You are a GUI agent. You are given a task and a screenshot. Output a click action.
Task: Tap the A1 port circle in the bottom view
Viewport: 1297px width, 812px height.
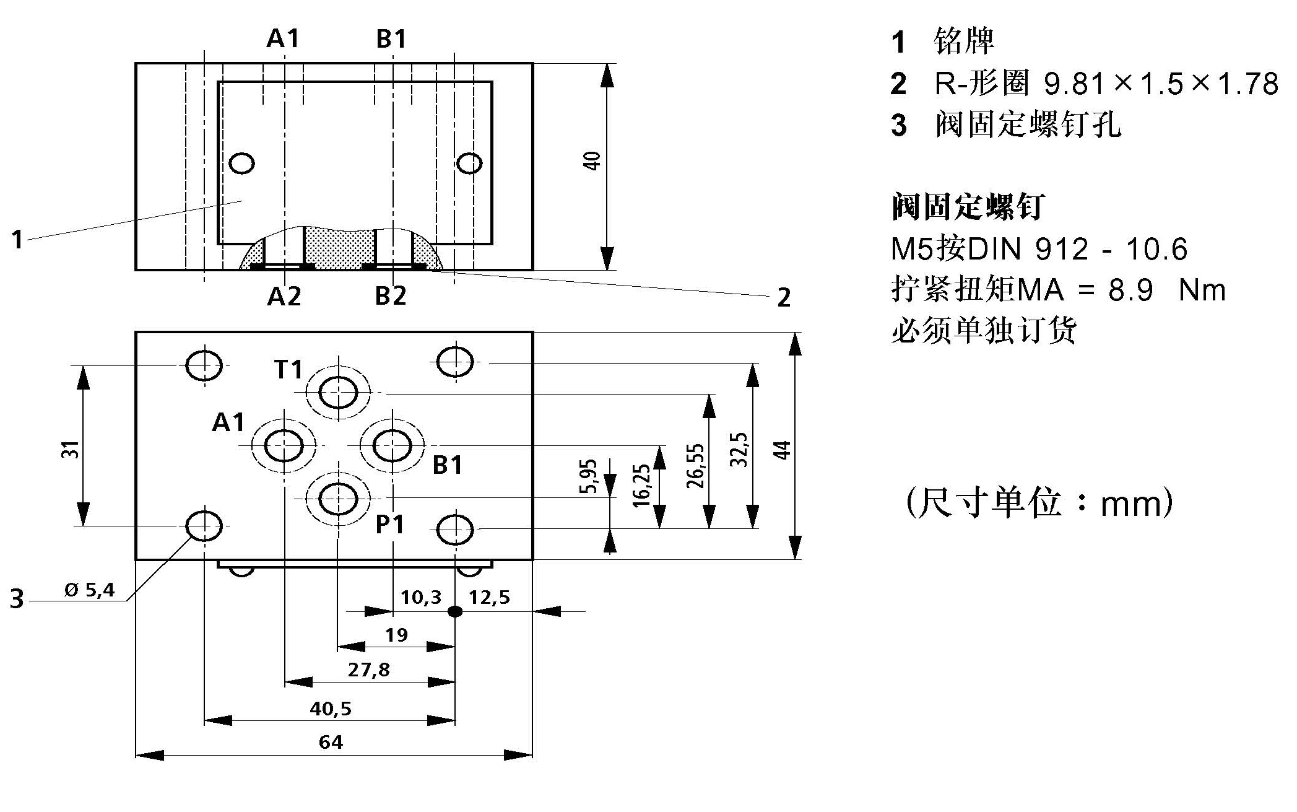(x=284, y=445)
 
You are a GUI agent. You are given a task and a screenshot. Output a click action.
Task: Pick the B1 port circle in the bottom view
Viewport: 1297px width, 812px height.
(x=393, y=445)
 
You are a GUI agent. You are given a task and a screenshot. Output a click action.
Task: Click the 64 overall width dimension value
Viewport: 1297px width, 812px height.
(x=331, y=742)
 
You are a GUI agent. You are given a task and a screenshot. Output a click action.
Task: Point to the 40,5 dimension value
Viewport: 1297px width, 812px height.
(x=331, y=708)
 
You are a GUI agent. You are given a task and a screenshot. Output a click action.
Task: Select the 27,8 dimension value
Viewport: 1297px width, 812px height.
(x=368, y=670)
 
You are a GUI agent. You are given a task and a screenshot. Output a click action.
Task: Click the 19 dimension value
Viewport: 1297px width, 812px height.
(x=396, y=635)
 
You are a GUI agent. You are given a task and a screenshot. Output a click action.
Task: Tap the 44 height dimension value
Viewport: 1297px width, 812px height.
(x=783, y=450)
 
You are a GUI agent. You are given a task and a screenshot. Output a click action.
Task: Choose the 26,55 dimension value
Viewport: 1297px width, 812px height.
(x=696, y=466)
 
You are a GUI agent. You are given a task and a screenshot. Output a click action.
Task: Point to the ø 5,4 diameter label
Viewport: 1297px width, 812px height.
(x=90, y=590)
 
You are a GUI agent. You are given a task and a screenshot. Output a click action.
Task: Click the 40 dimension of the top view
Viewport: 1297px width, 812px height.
(x=592, y=161)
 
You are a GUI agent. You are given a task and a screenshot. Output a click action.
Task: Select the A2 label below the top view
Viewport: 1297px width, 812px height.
(x=284, y=297)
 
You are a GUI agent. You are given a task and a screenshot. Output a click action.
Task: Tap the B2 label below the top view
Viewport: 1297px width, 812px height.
(x=391, y=296)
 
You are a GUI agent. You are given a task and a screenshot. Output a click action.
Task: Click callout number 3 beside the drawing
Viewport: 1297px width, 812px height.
(x=17, y=599)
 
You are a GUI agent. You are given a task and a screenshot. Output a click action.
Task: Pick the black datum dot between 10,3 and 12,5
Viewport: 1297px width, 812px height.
(x=455, y=612)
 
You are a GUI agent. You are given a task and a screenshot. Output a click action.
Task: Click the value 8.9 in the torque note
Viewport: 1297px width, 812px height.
(x=1130, y=290)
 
